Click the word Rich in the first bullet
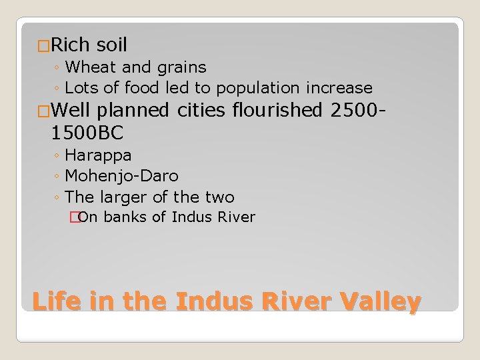point(71,45)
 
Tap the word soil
point(111,45)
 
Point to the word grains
point(180,67)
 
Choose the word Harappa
point(98,155)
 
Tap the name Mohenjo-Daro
point(122,176)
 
